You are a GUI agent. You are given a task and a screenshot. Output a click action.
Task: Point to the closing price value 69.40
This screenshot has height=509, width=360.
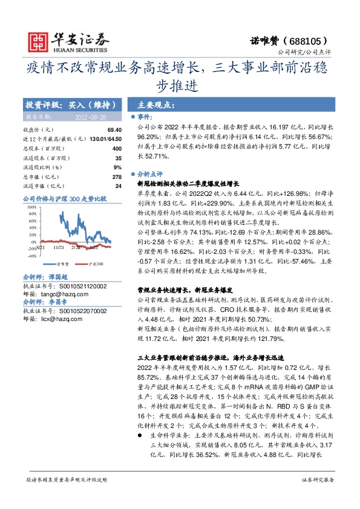114,130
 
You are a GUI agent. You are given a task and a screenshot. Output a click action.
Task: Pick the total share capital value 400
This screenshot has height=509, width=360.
117,148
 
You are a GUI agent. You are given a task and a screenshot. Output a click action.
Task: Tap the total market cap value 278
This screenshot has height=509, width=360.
117,177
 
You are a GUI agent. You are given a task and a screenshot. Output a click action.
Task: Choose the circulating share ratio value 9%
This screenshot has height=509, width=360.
117,167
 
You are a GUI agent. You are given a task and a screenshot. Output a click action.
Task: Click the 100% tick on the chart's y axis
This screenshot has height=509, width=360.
30,207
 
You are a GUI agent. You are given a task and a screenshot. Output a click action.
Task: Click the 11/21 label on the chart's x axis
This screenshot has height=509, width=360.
59,247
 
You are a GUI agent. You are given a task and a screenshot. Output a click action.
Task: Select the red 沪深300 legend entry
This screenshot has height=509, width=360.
93,264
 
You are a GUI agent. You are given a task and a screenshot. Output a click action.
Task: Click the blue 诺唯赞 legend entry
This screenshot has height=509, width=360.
59,264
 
